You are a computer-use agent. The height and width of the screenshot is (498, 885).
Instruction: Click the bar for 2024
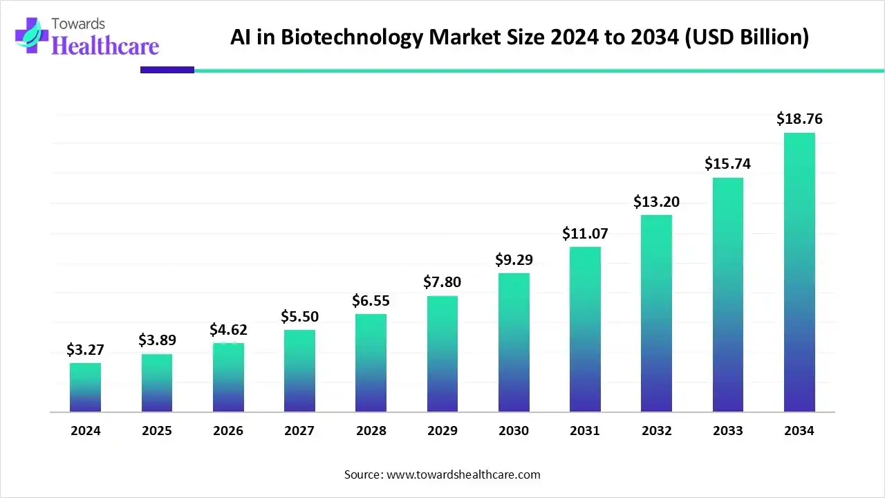(85, 387)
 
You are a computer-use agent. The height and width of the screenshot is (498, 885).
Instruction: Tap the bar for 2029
(442, 353)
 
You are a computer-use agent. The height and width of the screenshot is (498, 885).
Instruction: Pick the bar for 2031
(585, 329)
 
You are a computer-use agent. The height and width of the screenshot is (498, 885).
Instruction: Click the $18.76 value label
(799, 119)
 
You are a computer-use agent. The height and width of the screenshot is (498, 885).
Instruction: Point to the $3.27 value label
(85, 350)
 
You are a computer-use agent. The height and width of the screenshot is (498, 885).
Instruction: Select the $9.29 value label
(514, 260)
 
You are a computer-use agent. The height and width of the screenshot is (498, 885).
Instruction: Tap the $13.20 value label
(656, 202)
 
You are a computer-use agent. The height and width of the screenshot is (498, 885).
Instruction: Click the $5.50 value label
(299, 316)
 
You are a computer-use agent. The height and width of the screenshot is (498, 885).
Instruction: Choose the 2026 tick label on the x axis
(228, 431)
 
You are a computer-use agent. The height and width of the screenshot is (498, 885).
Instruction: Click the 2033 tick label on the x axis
(728, 431)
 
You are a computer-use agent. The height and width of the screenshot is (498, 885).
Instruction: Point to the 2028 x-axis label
(371, 431)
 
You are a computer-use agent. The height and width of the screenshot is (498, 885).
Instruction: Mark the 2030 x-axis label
(514, 431)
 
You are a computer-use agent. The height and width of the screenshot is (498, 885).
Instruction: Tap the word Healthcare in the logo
(105, 46)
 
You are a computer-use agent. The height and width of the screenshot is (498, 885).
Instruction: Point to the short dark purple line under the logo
(167, 70)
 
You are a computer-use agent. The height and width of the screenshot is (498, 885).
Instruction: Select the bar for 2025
(157, 382)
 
